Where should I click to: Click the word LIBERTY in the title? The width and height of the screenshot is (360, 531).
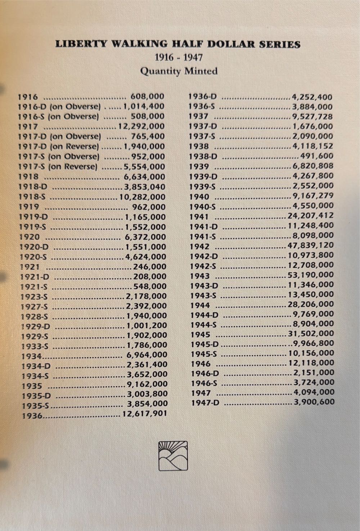(81, 44)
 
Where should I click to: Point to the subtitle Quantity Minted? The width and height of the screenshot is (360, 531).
(179, 71)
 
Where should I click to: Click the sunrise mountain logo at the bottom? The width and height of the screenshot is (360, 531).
(173, 456)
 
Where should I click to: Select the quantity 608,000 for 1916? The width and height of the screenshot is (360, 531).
(147, 96)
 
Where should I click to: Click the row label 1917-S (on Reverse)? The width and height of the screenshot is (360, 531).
(58, 167)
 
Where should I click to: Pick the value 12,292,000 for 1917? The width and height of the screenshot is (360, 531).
(141, 126)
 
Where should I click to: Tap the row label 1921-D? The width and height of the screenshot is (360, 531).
(35, 277)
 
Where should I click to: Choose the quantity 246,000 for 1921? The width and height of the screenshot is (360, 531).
(150, 267)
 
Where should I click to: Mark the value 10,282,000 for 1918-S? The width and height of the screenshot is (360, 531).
(143, 197)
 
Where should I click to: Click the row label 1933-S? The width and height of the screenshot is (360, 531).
(35, 346)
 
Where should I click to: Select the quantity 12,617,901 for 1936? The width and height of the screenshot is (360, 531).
(145, 414)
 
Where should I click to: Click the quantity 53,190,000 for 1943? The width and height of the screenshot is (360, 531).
(311, 275)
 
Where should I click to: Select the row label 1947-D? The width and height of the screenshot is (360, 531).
(205, 402)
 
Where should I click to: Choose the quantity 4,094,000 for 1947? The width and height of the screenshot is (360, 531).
(314, 392)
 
